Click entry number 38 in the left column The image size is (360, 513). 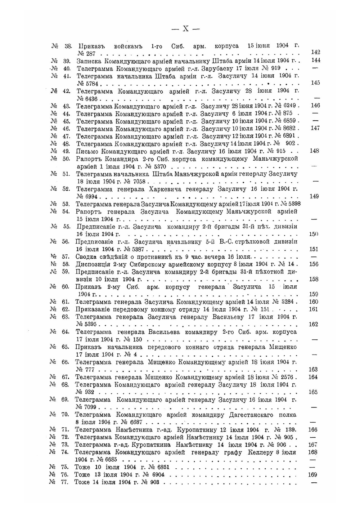click(x=68, y=46)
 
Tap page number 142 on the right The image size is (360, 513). click(x=315, y=53)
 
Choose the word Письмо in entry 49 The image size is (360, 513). click(x=87, y=151)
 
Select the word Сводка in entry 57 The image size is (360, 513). click(x=86, y=256)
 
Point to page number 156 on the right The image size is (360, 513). click(x=314, y=264)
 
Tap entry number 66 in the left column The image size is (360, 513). click(x=65, y=362)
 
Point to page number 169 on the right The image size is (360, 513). click(x=313, y=475)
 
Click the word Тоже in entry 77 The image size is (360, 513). click(x=82, y=482)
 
